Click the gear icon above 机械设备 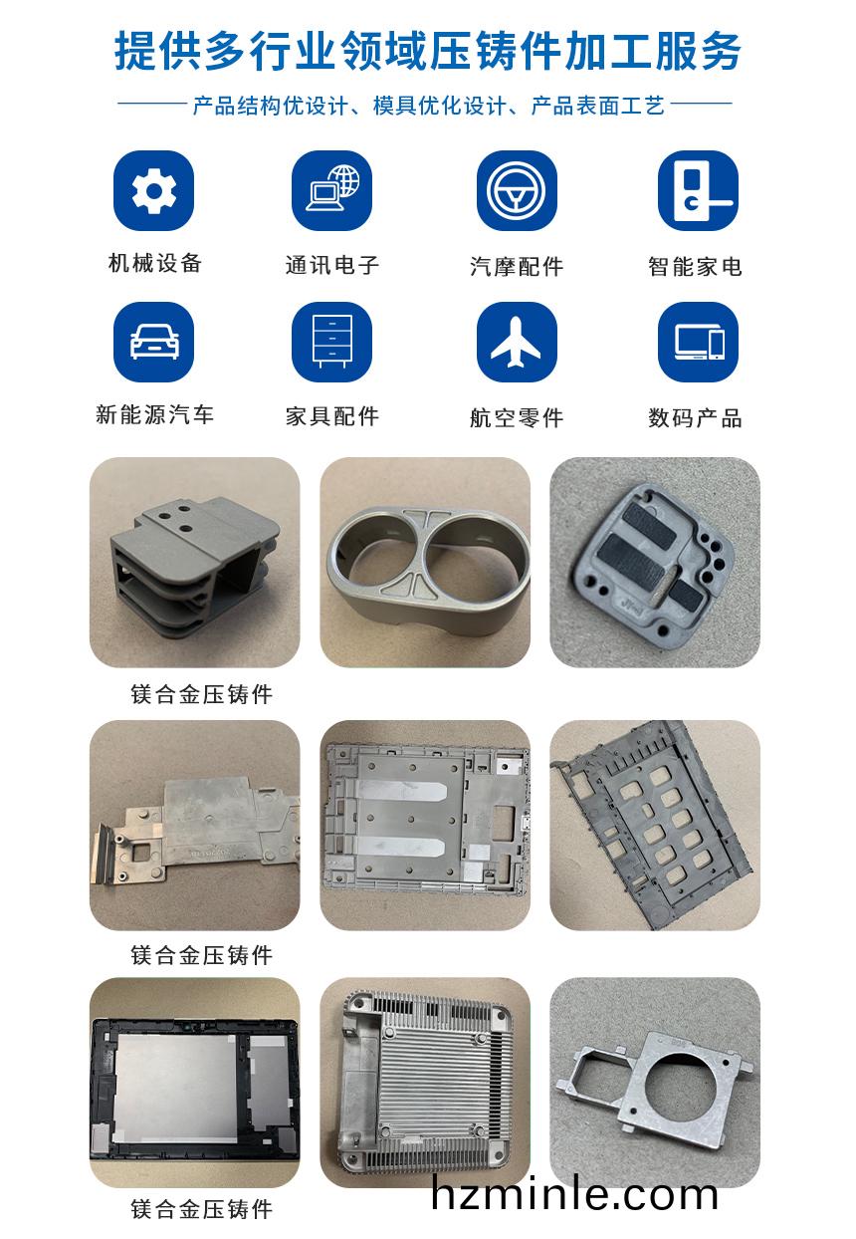(x=153, y=190)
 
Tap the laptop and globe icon (x=331, y=190)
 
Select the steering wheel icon (x=517, y=190)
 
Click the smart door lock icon (x=698, y=190)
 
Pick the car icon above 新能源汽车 (x=153, y=342)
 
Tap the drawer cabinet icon (x=331, y=342)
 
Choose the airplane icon (x=517, y=342)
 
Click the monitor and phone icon (x=698, y=342)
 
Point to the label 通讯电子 (x=332, y=265)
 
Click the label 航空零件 (x=517, y=417)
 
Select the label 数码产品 (x=695, y=417)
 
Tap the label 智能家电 (x=695, y=267)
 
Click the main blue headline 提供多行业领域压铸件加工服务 (x=427, y=52)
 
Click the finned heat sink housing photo (x=424, y=1082)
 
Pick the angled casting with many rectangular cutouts (x=655, y=824)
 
